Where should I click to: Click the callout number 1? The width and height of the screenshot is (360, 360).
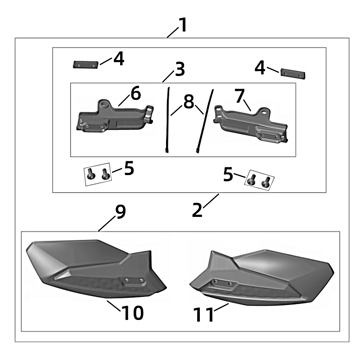pos(183,25)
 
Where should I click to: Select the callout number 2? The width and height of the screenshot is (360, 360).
pos(197,210)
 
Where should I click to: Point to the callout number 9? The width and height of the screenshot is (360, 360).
pos(120,211)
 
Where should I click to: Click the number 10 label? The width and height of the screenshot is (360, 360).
pos(132,313)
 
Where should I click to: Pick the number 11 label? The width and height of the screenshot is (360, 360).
pos(204,315)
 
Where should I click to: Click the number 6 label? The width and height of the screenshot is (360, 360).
pos(136,93)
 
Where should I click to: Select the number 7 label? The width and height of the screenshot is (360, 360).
pos(239,96)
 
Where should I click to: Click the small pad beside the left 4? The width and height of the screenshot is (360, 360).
pos(85,64)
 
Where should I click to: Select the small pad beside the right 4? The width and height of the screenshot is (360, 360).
pos(293,73)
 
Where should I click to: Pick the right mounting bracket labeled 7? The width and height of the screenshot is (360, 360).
pos(251,124)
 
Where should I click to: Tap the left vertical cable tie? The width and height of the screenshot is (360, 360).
pos(167,119)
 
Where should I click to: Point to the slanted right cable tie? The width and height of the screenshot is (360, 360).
pos(205,121)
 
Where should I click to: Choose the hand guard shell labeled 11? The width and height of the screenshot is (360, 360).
pos(262,277)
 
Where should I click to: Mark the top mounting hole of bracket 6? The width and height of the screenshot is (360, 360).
pos(104,103)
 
